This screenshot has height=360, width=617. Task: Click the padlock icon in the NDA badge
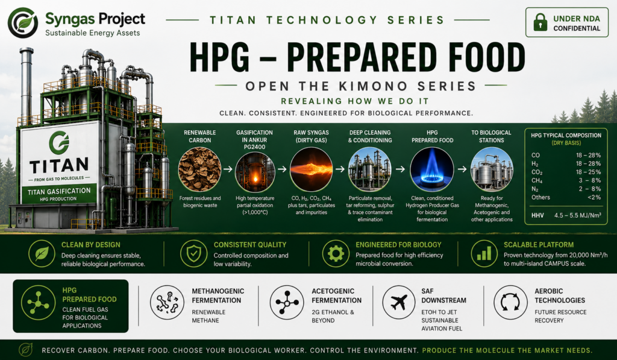(540, 22)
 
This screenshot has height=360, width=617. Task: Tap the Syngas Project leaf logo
(23, 23)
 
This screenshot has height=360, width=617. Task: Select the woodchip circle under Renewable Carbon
(200, 170)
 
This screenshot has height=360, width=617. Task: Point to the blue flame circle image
(431, 170)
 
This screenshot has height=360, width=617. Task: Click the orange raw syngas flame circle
(312, 170)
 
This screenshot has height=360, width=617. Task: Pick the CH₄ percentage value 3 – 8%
(588, 180)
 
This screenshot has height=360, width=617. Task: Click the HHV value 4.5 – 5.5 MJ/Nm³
(578, 215)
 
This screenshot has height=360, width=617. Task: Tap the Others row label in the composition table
(540, 197)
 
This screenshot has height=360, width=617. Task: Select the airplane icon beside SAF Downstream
(399, 303)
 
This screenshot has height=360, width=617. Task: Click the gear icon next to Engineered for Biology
(336, 254)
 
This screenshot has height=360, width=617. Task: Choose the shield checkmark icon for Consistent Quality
(193, 254)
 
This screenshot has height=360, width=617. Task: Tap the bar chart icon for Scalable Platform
(484, 254)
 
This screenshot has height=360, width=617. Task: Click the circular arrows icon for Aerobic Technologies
(510, 303)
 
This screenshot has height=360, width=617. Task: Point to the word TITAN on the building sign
(58, 166)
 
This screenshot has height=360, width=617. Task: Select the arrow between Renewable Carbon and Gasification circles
(228, 169)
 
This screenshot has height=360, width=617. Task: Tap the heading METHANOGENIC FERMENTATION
(218, 296)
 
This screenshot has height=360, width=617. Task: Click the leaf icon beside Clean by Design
(42, 254)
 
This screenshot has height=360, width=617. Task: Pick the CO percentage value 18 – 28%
(588, 155)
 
